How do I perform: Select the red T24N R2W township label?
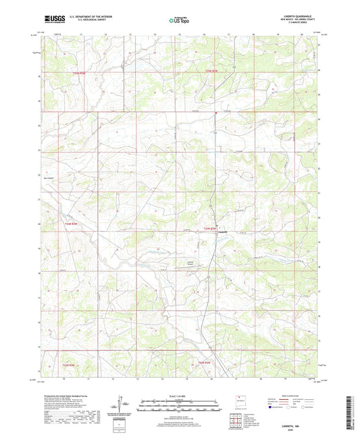coord(211,230)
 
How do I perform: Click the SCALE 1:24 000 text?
coord(180,396)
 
